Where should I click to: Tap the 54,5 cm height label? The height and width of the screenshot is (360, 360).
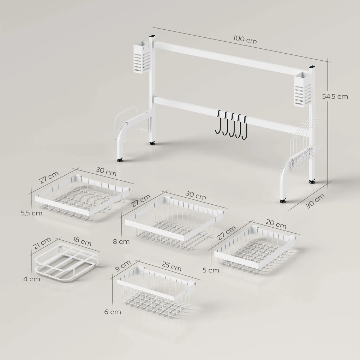(x=335, y=96)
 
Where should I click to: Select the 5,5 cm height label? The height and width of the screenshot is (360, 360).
(x=31, y=213)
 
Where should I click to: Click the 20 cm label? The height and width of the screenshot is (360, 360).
(x=276, y=224)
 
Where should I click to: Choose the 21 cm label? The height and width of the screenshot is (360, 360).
(x=40, y=243)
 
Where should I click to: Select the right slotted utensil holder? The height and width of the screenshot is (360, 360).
(x=303, y=89)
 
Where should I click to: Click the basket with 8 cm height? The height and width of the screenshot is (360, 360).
(x=174, y=222)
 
